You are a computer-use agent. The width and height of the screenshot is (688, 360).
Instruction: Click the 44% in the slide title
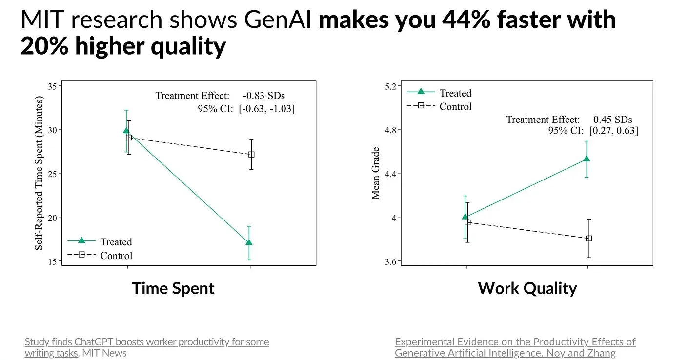pyautogui.click(x=466, y=20)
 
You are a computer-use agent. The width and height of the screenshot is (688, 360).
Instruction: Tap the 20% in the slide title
pyautogui.click(x=44, y=46)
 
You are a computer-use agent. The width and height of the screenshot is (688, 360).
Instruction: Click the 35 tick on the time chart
pyautogui.click(x=53, y=86)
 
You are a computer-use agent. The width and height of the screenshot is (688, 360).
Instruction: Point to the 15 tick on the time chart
pyautogui.click(x=53, y=261)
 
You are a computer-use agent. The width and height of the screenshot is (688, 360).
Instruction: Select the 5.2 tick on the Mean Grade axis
pyautogui.click(x=391, y=87)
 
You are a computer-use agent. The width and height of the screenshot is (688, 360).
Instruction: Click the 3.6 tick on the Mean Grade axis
pyautogui.click(x=391, y=261)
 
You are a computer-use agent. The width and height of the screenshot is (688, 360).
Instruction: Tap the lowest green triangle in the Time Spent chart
pyautogui.click(x=249, y=242)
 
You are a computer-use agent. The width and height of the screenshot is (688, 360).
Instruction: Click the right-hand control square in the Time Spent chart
pyautogui.click(x=251, y=155)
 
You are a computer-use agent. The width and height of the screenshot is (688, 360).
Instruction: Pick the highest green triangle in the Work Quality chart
pyautogui.click(x=587, y=159)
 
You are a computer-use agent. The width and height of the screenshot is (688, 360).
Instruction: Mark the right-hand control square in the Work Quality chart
pyautogui.click(x=589, y=239)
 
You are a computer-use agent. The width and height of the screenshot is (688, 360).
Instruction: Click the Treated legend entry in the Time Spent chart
pyautogui.click(x=100, y=241)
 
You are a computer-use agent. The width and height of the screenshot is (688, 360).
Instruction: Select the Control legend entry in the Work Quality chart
pyautogui.click(x=439, y=106)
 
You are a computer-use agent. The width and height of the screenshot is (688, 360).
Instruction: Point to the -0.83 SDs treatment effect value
pyautogui.click(x=264, y=96)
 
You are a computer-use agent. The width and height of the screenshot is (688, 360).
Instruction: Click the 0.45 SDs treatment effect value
pyautogui.click(x=613, y=119)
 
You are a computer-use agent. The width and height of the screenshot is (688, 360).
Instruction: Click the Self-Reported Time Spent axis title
pyautogui.click(x=39, y=173)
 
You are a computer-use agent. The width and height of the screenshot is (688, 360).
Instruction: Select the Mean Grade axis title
pyautogui.click(x=376, y=173)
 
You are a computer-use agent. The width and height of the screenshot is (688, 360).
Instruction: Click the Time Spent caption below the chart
pyautogui.click(x=173, y=288)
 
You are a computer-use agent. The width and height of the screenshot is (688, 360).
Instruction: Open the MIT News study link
pyautogui.click(x=147, y=347)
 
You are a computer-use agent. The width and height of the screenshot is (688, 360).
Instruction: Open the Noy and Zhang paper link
pyautogui.click(x=515, y=347)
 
